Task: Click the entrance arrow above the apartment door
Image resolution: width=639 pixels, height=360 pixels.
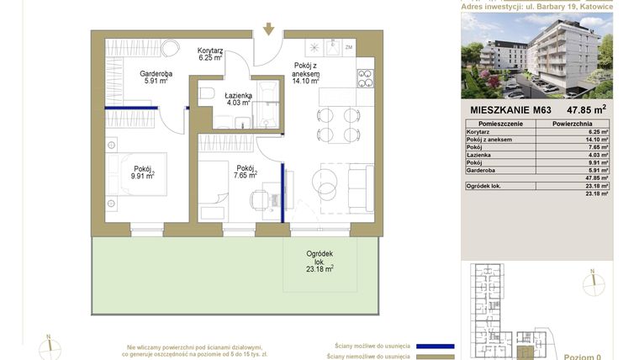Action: click(268, 29)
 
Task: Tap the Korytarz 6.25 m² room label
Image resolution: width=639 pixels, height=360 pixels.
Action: click(210, 55)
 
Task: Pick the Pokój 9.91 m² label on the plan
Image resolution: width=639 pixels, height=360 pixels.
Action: click(143, 172)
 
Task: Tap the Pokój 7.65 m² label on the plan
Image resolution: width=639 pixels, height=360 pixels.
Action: click(246, 172)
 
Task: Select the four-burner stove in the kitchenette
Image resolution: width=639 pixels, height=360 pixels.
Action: click(366, 78)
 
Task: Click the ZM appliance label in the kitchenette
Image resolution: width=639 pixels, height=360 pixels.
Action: click(348, 47)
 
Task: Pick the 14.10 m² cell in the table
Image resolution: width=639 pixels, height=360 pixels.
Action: click(598, 140)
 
